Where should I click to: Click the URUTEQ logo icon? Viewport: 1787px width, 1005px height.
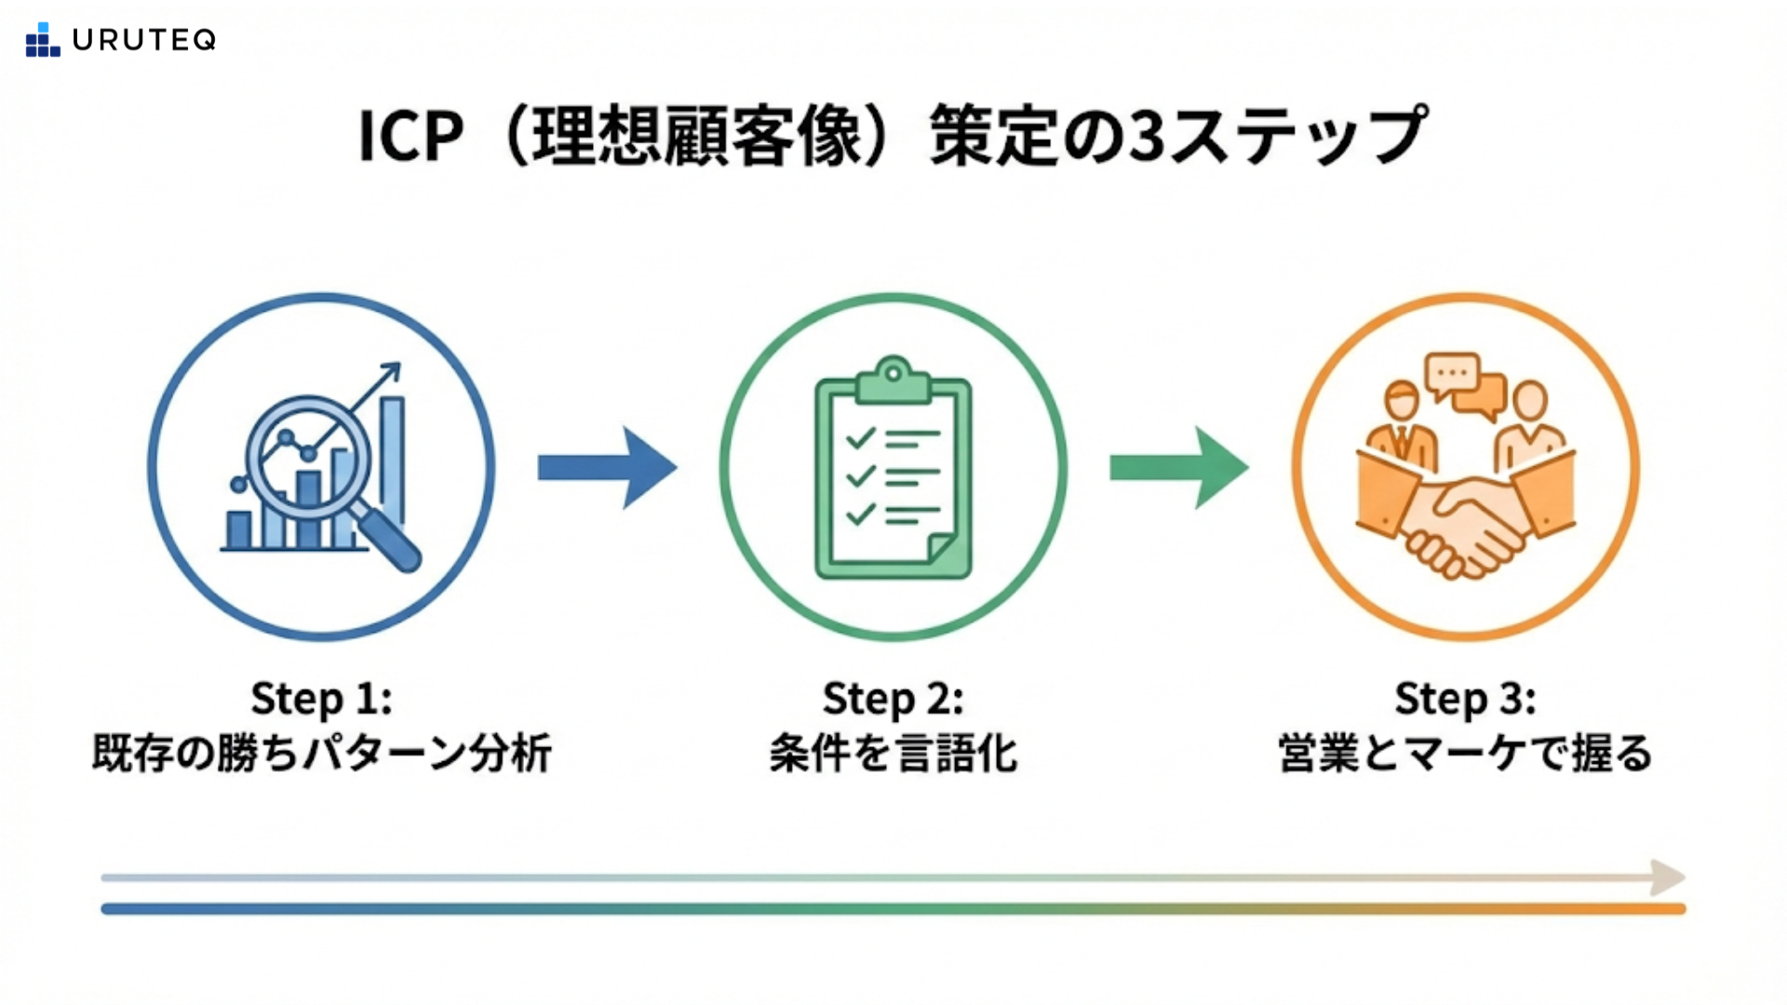pyautogui.click(x=42, y=40)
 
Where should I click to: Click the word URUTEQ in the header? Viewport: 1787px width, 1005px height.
pyautogui.click(x=144, y=40)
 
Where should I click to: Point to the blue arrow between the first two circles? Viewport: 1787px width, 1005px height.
pyautogui.click(x=607, y=467)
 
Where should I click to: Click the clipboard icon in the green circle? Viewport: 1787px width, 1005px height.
pyautogui.click(x=893, y=470)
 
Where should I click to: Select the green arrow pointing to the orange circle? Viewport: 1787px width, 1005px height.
pyautogui.click(x=1178, y=467)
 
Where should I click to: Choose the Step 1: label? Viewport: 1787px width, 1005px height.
pyautogui.click(x=321, y=698)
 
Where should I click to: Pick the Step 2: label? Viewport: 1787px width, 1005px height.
pyautogui.click(x=893, y=698)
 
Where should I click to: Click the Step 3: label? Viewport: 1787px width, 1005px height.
pyautogui.click(x=1465, y=698)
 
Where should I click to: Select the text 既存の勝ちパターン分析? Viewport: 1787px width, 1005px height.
pyautogui.click(x=321, y=753)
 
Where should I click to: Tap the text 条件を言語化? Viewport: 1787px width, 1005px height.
pyautogui.click(x=893, y=753)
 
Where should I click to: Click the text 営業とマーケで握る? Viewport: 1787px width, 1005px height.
pyautogui.click(x=1465, y=753)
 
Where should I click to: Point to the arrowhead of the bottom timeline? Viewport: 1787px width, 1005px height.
pyautogui.click(x=1668, y=878)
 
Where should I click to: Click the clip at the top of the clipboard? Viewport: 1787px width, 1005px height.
pyautogui.click(x=893, y=377)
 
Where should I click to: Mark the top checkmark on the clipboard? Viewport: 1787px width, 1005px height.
pyautogui.click(x=860, y=437)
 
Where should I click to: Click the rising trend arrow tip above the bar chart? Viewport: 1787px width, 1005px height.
pyautogui.click(x=394, y=369)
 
